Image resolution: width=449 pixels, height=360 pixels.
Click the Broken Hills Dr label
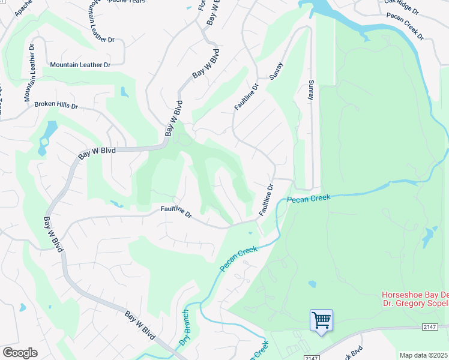(56, 105)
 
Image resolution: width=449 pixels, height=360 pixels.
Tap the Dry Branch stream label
(185, 328)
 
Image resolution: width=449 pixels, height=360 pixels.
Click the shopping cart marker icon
(321, 321)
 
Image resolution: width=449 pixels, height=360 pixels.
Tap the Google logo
(20, 353)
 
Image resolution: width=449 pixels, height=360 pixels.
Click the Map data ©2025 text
(424, 355)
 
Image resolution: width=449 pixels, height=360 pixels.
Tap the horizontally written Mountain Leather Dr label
(80, 64)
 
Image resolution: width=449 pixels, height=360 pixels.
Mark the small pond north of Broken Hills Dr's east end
(124, 92)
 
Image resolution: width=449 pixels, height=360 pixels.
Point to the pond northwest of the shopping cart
(312, 284)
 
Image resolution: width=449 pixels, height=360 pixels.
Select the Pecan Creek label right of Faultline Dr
(309, 199)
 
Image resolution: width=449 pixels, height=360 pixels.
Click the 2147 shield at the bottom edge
(310, 358)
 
